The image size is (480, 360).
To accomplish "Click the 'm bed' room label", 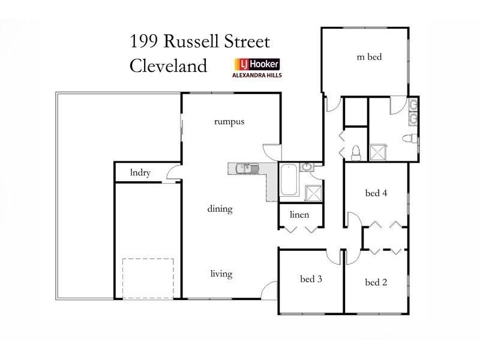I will pos(369,58).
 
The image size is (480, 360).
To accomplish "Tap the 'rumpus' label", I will pos(229,121).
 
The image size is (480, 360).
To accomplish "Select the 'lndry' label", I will pos(140,173).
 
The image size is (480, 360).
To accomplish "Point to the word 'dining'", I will pos(220,209).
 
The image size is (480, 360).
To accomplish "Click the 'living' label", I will pos(221,274).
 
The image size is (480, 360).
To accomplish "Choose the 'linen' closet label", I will pos(298,214).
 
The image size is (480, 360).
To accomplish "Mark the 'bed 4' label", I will pos(376,193).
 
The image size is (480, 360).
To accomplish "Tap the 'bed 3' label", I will pos(311,278).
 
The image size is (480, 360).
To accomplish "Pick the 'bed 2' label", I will pos(376,282).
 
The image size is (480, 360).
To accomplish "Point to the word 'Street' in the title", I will pos(248,42).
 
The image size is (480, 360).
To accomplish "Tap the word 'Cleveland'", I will pos(168,65).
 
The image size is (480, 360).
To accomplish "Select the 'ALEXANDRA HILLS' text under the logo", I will pos(256,76).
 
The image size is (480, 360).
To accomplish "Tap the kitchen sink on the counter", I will pos(245,169).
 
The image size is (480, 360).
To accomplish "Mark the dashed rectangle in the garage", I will pos(148,278).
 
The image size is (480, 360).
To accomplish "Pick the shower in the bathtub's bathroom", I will pos(314,193).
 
